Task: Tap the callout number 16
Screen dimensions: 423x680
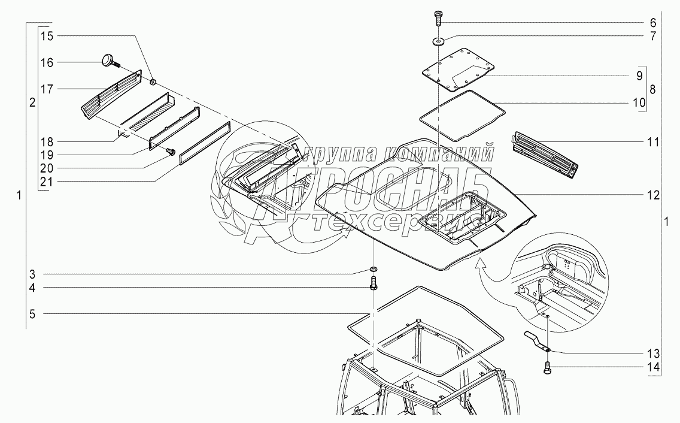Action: click(47, 62)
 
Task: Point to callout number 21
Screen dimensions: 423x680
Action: click(47, 181)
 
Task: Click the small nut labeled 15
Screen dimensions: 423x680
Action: click(153, 81)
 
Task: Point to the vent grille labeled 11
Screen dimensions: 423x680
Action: click(545, 153)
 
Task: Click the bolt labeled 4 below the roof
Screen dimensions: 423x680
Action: click(374, 282)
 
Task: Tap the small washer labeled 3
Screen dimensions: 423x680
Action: click(374, 267)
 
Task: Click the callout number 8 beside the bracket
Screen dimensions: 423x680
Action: click(653, 89)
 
